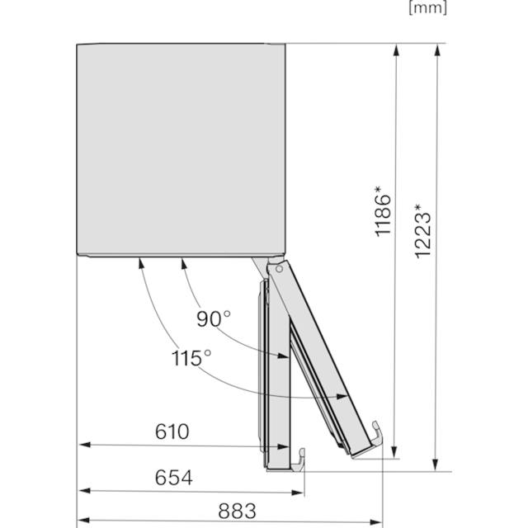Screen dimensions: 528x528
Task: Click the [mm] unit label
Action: (427, 8)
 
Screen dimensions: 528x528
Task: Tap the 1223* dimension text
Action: (423, 230)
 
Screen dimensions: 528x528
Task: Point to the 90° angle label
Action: (214, 318)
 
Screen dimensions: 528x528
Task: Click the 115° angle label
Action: (191, 358)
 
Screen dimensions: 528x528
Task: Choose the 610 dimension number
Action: (172, 431)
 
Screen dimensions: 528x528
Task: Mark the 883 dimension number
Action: (237, 511)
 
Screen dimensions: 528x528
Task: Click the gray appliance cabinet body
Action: (181, 148)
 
